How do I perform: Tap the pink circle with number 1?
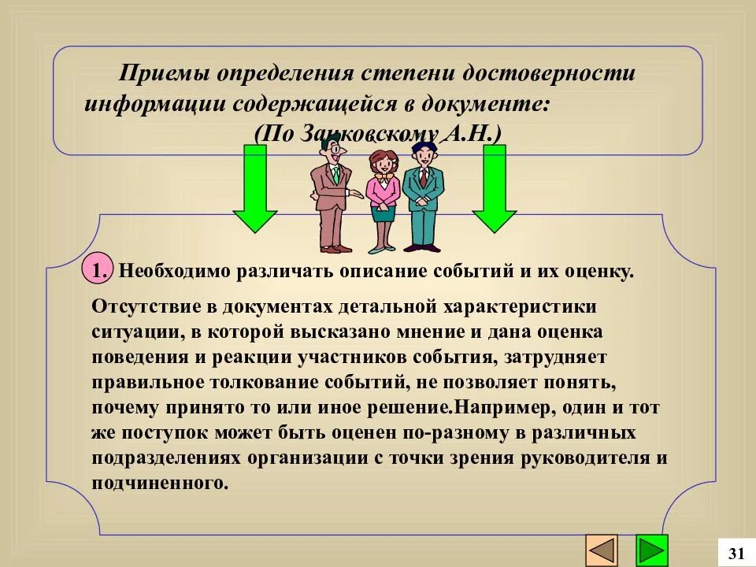(x=98, y=271)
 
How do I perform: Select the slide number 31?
(x=737, y=552)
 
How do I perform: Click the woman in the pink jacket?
(x=384, y=197)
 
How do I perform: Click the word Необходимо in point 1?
(x=173, y=272)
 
